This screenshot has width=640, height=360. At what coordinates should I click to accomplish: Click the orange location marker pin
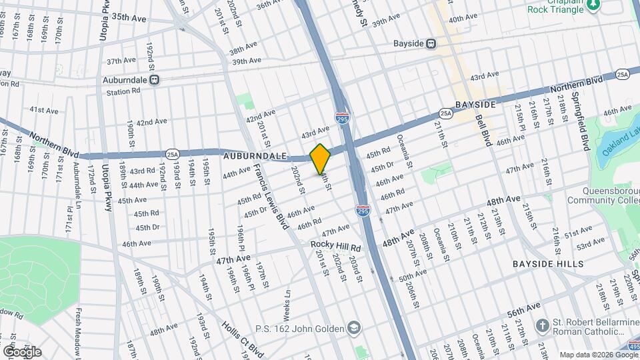click(x=321, y=159)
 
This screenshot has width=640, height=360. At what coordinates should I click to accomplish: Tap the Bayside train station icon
click(x=432, y=44)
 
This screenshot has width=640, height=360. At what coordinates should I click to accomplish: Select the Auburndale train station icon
click(x=155, y=80)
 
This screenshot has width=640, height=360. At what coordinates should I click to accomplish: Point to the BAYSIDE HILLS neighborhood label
click(x=548, y=264)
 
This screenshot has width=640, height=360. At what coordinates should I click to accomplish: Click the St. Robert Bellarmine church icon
click(x=543, y=326)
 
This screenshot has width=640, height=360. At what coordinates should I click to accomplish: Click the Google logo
click(x=21, y=351)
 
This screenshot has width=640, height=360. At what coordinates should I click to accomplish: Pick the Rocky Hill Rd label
click(x=336, y=245)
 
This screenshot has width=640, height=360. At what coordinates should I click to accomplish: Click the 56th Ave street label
click(x=525, y=309)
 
